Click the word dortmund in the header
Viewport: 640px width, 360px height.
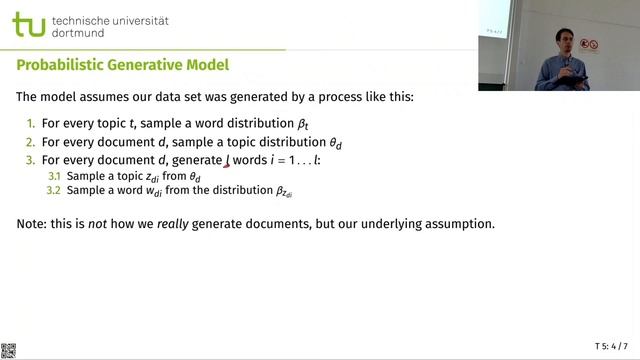tap(92, 33)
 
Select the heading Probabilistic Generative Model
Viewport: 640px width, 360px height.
tap(123, 65)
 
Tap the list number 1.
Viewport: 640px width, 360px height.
tap(30, 124)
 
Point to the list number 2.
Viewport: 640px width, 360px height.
tap(30, 142)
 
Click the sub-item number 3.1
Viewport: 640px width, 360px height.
tap(54, 176)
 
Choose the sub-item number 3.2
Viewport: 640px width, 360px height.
tap(54, 190)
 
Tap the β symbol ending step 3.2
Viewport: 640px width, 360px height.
tap(283, 191)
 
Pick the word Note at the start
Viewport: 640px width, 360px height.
tap(33, 223)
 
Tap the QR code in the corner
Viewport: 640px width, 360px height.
tap(8, 350)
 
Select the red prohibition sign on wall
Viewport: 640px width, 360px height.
tap(591, 45)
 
